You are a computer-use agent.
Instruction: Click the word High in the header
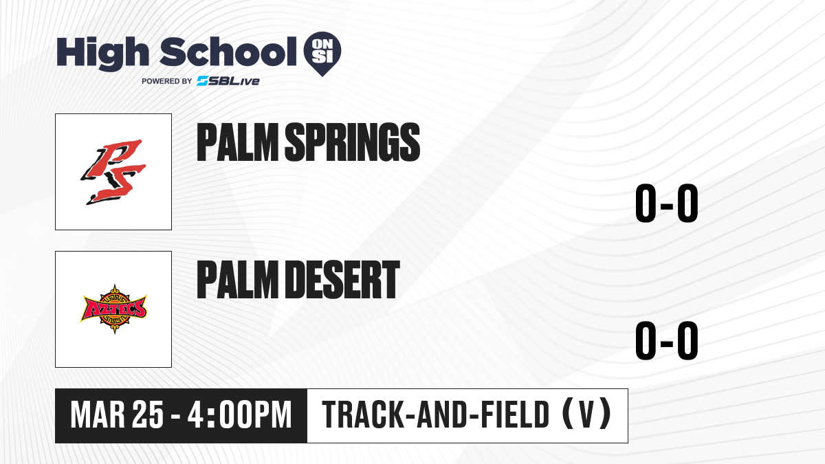tap(102, 54)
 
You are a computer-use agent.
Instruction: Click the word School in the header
tap(228, 52)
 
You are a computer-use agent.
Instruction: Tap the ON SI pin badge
tap(322, 54)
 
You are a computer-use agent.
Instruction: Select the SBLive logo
tap(228, 81)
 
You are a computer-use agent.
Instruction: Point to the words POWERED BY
tap(167, 81)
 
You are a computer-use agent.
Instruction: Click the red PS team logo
tap(113, 172)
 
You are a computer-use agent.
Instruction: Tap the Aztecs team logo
tap(113, 309)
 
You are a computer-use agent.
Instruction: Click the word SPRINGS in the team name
tap(353, 142)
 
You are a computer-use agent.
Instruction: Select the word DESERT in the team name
tap(342, 280)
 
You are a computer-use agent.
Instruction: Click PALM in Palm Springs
tap(238, 142)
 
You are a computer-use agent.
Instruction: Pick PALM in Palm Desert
tap(238, 280)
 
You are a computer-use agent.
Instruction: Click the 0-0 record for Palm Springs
tap(667, 203)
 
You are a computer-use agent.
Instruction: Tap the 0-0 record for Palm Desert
tap(667, 340)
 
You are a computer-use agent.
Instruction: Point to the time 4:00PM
tap(239, 415)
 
